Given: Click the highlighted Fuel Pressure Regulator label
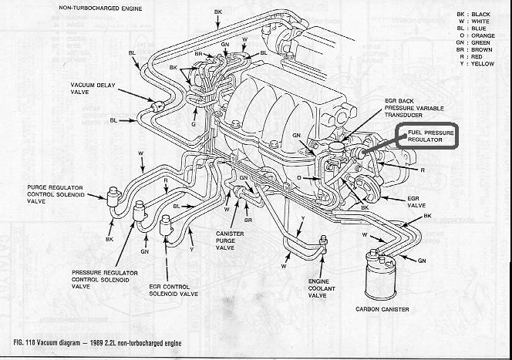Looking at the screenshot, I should tap(426, 136).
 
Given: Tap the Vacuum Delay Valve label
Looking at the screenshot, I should tap(92, 89).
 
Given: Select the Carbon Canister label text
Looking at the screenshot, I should tap(382, 309).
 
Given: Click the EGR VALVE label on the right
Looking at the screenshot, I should tap(418, 202).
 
